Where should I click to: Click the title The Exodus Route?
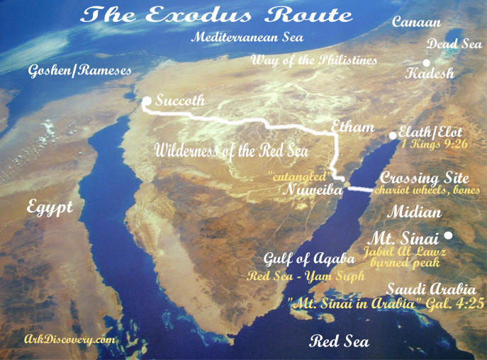[216, 16]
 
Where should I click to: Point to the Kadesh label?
[430, 73]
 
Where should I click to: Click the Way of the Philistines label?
[314, 60]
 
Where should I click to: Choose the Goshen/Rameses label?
[79, 71]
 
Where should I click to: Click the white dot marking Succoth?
[147, 101]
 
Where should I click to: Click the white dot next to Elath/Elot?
[393, 135]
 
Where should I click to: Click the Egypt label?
[51, 208]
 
